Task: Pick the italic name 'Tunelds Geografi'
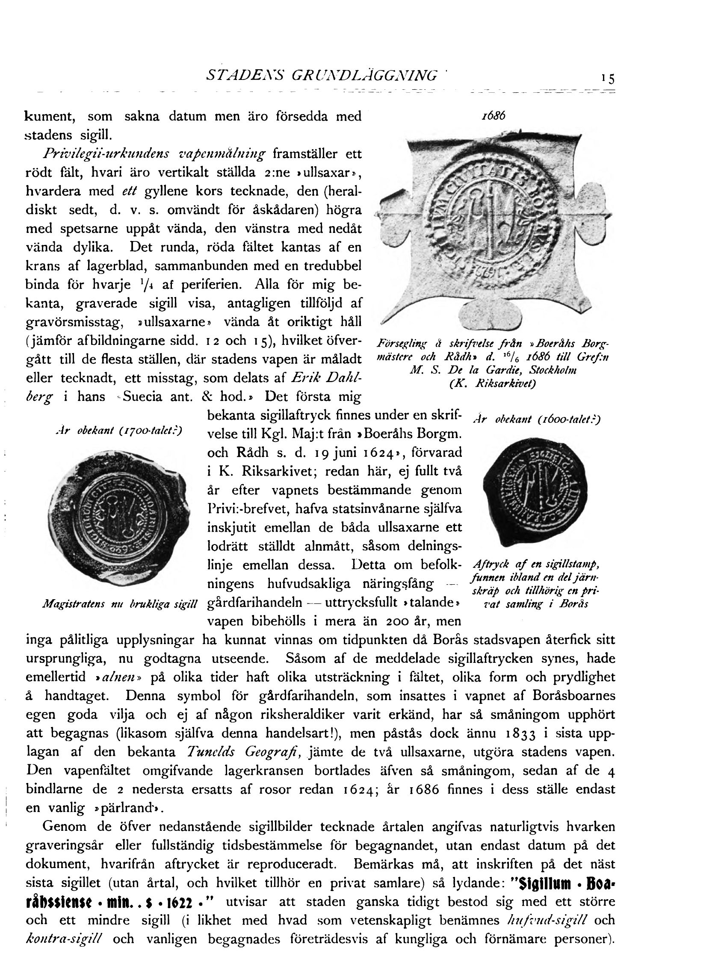pos(243,751)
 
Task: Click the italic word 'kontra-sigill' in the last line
pos(64,939)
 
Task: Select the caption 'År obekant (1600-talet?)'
pos(536,420)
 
